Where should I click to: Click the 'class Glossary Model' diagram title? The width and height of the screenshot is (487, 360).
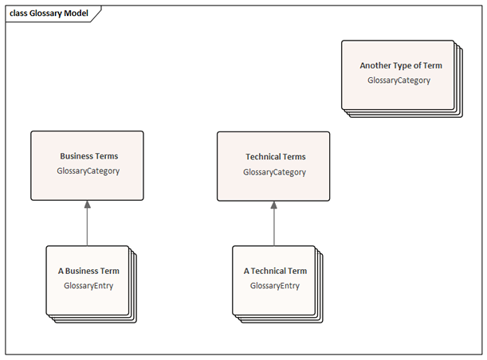click(49, 14)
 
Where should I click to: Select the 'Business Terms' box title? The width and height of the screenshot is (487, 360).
click(89, 156)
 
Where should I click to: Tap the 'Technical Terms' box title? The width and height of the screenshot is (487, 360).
click(276, 157)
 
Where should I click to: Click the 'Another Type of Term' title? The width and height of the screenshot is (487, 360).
click(401, 66)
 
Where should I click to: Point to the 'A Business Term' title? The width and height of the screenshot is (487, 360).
click(88, 271)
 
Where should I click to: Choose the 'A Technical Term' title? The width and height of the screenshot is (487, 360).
click(275, 271)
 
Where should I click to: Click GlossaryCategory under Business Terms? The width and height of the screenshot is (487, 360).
click(88, 171)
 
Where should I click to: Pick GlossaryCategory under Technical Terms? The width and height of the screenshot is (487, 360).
click(274, 172)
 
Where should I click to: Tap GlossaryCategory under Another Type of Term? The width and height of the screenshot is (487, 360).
click(399, 80)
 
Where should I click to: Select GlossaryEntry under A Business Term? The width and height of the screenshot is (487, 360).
click(88, 286)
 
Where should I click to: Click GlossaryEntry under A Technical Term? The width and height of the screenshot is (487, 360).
click(275, 286)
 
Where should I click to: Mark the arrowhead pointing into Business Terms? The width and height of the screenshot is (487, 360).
click(87, 204)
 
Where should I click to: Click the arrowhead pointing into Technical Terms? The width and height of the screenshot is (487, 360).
click(273, 205)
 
